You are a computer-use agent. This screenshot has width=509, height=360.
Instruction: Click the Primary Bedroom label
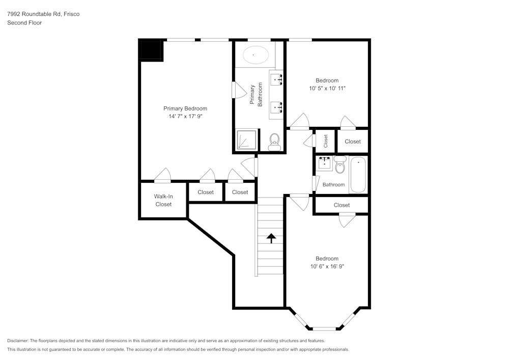coord(185,108)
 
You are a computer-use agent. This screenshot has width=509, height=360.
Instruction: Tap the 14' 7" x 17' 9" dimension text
coord(185,117)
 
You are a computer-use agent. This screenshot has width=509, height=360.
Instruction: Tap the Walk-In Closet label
coord(163,200)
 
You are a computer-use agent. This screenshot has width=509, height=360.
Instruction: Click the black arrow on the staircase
coord(271,237)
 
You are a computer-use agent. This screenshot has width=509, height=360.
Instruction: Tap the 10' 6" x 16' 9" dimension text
coord(327,266)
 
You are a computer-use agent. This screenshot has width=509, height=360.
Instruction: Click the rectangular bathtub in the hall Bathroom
coord(358,175)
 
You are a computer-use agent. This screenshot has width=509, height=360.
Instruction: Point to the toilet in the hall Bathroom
coord(340,164)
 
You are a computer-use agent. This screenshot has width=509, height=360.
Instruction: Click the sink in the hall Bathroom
coord(324,164)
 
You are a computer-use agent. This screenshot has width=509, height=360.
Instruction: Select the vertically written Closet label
coord(326,141)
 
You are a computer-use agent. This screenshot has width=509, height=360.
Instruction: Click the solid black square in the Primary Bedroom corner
coord(151,50)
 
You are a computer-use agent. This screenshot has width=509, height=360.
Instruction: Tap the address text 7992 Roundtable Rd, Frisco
coord(43,14)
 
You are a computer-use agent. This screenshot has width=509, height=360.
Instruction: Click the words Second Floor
coord(24,23)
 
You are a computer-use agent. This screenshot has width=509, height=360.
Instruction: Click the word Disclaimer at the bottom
coord(18,341)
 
